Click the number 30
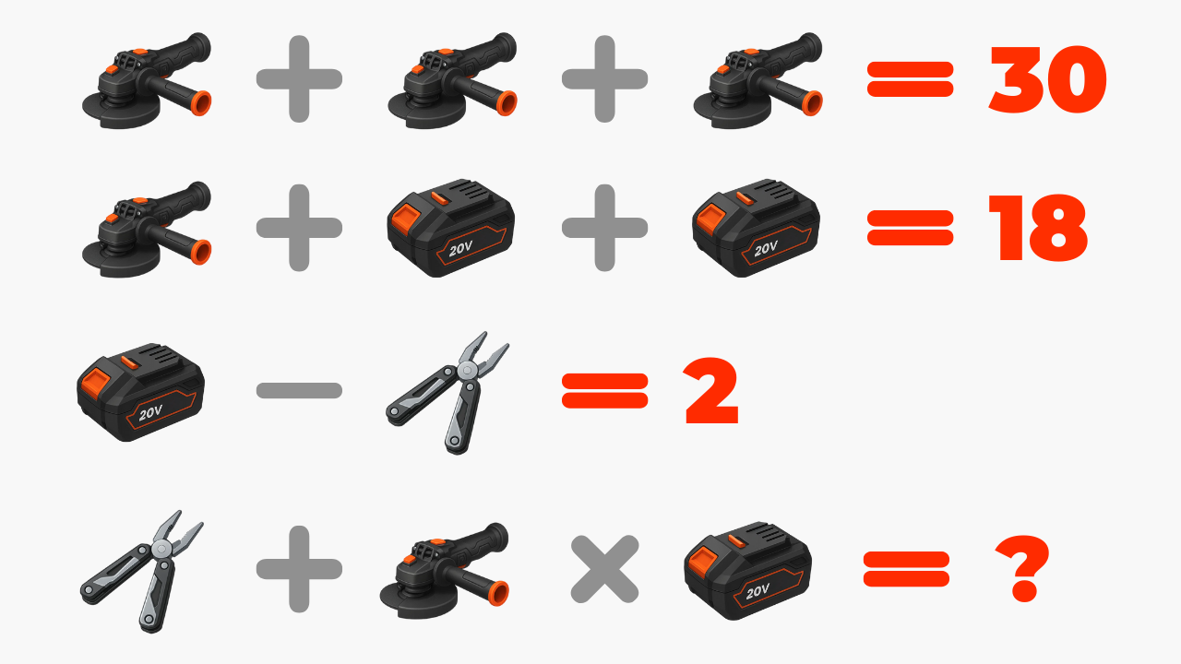click(x=1047, y=79)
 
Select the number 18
click(x=1038, y=228)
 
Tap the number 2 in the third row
click(x=711, y=391)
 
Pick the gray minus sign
click(x=299, y=390)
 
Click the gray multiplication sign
click(x=604, y=569)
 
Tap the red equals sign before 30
click(x=910, y=79)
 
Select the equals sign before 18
click(x=910, y=228)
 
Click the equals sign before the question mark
click(x=906, y=569)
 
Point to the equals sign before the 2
click(x=604, y=390)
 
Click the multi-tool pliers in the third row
click(x=448, y=393)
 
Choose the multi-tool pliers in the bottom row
click(x=142, y=571)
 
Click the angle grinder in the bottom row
click(x=444, y=571)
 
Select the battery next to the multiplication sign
click(x=747, y=571)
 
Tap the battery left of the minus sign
click(x=140, y=393)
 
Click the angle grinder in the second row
click(x=147, y=230)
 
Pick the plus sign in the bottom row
click(x=299, y=569)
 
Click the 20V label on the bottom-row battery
click(x=758, y=592)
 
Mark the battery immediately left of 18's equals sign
click(x=756, y=228)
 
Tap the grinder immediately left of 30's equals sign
click(x=758, y=80)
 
